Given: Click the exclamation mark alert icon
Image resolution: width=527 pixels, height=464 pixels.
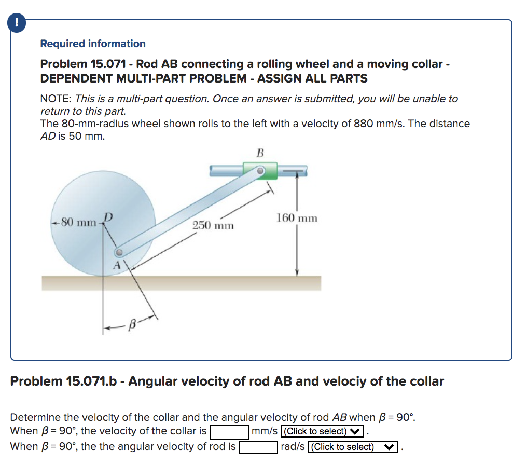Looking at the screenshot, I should [x=17, y=22].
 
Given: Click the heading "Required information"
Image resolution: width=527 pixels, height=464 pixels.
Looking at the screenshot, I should [x=93, y=44].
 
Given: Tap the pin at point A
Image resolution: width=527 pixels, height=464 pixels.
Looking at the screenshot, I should [x=119, y=252].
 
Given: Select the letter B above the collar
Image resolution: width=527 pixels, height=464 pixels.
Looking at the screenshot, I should [x=260, y=153].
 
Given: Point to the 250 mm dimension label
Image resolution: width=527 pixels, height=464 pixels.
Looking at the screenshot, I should [x=213, y=226].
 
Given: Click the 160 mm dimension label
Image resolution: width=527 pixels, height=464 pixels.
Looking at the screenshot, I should [x=297, y=219].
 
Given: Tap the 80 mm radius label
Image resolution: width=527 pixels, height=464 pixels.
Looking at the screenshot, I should [x=78, y=223].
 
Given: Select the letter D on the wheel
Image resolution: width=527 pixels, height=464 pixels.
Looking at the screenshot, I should [x=108, y=216].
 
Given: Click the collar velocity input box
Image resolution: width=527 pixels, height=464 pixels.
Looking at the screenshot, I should [x=228, y=431].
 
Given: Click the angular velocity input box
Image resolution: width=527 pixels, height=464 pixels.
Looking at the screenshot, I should [x=258, y=447].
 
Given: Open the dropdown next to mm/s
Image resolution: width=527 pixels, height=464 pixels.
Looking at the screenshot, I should [x=321, y=431].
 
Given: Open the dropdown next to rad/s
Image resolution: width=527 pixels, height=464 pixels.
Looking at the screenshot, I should [x=352, y=447].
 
